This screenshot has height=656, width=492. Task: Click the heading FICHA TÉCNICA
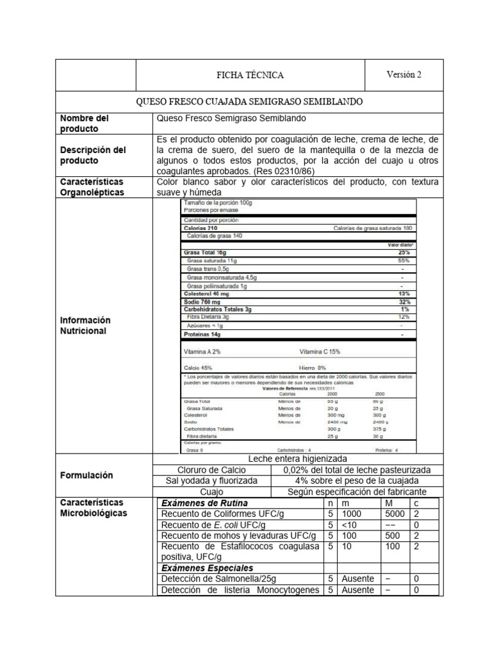click(250, 75)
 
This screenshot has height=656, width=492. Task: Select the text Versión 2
click(404, 74)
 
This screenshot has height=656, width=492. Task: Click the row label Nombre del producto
click(85, 124)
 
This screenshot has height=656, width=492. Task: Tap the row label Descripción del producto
click(93, 155)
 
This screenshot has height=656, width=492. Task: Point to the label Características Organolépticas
click(92, 187)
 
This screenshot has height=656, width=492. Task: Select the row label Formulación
click(86, 475)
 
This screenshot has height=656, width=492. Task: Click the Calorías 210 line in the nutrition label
click(201, 228)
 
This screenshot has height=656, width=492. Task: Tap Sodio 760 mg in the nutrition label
click(202, 301)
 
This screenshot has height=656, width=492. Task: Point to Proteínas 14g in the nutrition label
click(202, 334)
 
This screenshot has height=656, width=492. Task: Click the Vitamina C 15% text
click(320, 352)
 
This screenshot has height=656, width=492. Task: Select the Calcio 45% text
click(198, 368)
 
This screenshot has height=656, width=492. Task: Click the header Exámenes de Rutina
click(204, 503)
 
